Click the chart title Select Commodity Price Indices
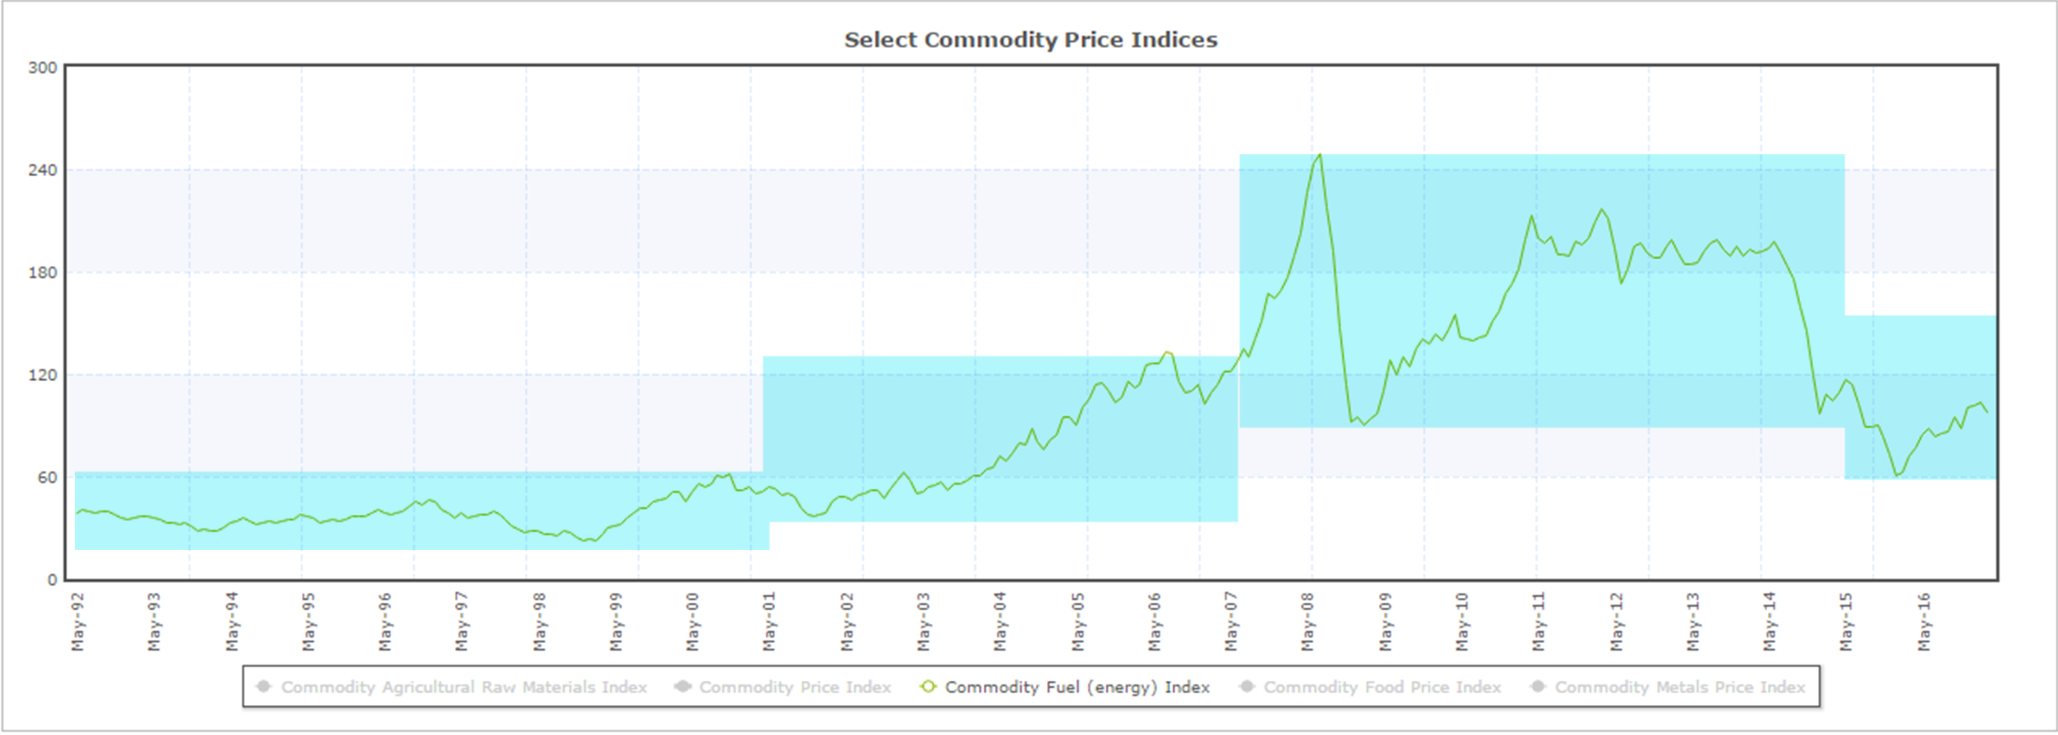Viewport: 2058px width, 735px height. [x=1030, y=40]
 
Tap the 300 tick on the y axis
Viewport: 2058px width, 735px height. [x=43, y=68]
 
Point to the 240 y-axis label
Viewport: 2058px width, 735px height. [x=43, y=170]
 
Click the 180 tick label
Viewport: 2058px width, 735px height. [x=43, y=272]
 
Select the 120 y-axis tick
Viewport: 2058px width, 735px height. [x=43, y=374]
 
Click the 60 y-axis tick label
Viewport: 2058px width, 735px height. [x=47, y=477]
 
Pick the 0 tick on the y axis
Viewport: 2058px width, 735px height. [x=52, y=579]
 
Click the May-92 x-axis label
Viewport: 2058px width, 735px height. [x=78, y=622]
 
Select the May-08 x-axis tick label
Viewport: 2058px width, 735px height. [x=1308, y=622]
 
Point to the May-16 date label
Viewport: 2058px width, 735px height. [x=1924, y=622]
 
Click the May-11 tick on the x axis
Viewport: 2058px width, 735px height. [x=1539, y=622]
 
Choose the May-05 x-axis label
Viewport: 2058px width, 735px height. [x=1078, y=622]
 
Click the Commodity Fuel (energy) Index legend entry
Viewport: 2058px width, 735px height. [x=1077, y=687]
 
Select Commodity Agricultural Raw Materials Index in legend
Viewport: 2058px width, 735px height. [x=463, y=687]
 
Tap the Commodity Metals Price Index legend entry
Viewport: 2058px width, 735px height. [x=1679, y=687]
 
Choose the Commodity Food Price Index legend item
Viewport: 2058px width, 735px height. [x=1382, y=687]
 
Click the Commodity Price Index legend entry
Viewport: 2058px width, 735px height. [x=794, y=687]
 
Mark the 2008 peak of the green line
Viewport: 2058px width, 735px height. [x=1320, y=155]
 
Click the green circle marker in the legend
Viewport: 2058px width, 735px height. [x=927, y=687]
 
